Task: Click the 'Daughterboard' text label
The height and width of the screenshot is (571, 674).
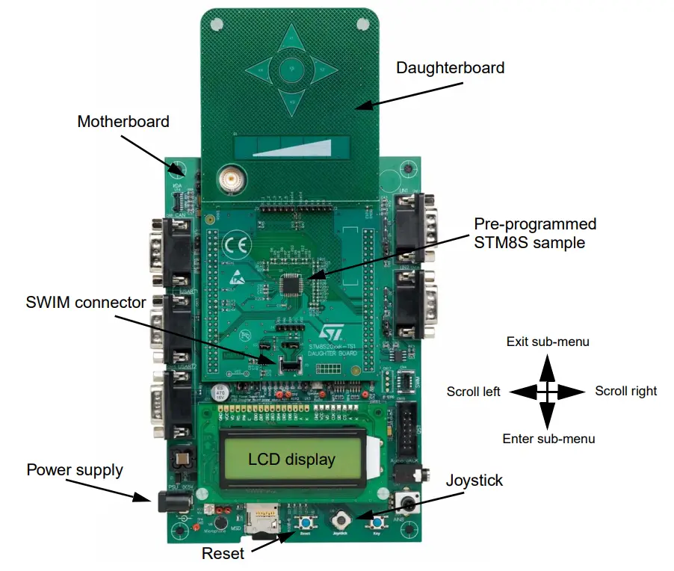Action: [450, 68]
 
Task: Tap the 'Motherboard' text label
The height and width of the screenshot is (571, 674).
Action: [123, 121]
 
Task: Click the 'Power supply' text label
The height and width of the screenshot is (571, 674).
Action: [75, 470]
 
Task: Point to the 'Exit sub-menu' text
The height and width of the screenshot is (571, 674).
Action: [548, 342]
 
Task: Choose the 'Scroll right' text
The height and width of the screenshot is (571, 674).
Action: [625, 391]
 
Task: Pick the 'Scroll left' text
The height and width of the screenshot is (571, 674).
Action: [473, 391]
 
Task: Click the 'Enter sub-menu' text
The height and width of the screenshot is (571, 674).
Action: [548, 439]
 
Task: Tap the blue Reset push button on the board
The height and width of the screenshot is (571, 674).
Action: [304, 522]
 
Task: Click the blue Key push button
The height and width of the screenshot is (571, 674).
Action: [378, 522]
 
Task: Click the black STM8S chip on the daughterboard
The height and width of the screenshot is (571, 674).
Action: [291, 284]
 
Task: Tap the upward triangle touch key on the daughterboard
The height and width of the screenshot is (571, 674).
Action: [289, 38]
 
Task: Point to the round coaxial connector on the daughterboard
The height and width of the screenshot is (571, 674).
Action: [227, 179]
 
